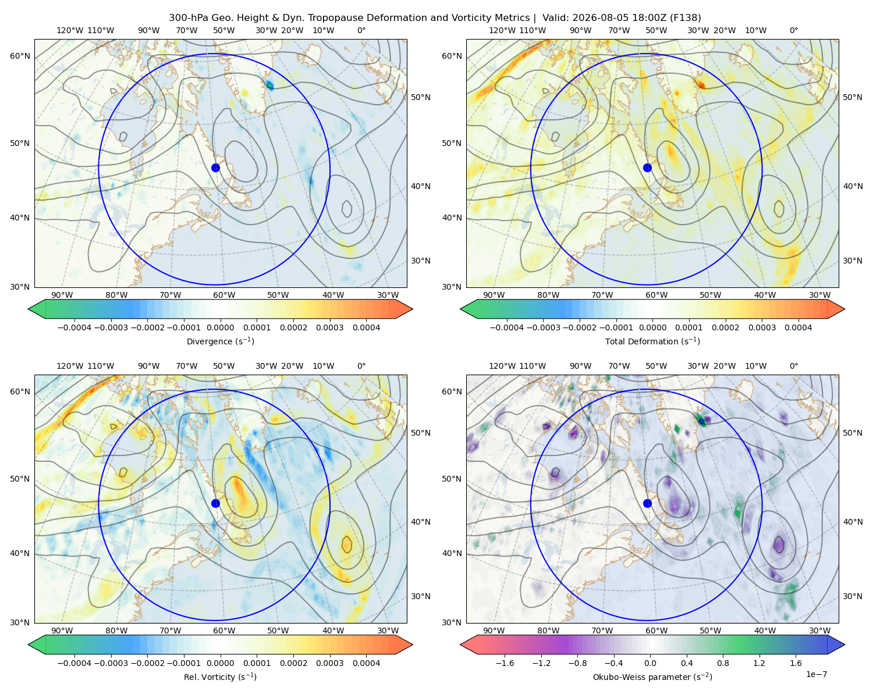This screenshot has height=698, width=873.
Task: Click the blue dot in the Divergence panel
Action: coord(215,168)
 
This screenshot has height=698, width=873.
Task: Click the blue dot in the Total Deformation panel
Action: coord(647,168)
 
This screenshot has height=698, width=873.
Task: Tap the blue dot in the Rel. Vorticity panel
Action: coord(215,503)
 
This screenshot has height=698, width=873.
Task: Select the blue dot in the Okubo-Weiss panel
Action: coord(647,503)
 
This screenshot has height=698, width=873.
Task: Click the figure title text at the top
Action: coord(435,18)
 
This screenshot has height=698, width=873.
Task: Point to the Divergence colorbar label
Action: coord(220,341)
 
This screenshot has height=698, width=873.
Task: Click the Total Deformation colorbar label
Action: coord(652,341)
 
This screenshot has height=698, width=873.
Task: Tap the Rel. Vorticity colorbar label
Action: coord(220,676)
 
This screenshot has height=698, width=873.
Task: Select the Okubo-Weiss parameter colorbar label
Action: coord(652,676)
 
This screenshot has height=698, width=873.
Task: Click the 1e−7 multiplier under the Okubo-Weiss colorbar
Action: coord(816,674)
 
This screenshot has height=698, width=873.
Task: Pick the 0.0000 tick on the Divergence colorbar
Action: coord(220,327)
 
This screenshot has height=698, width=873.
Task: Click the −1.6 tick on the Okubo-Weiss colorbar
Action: coord(505,663)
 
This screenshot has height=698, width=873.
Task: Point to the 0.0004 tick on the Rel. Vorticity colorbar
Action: coord(366,663)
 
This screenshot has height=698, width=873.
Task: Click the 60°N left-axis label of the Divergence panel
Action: coord(20,56)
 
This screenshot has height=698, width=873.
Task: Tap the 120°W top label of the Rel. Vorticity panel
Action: coord(70,366)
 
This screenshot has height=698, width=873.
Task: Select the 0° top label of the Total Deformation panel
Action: coord(793,30)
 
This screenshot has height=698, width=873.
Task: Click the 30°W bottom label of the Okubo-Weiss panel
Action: coord(819,631)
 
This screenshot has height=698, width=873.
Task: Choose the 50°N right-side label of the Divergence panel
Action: coord(421,97)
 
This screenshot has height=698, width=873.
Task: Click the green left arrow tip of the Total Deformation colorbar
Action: coord(461,309)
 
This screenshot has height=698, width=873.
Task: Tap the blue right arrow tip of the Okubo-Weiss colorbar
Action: coord(844,644)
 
